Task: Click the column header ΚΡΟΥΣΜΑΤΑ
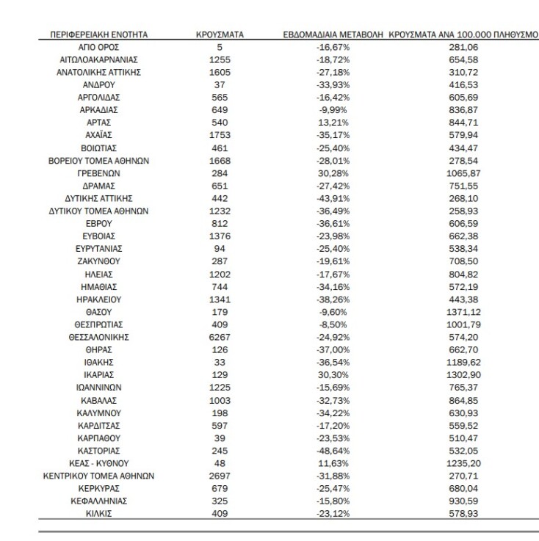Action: (220, 35)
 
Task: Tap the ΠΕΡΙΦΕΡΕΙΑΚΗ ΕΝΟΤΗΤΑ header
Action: (98, 35)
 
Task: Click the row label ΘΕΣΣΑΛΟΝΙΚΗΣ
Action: (98, 336)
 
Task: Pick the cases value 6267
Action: (220, 336)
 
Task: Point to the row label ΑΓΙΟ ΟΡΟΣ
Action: (98, 46)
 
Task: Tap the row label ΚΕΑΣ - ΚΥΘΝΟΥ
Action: (98, 463)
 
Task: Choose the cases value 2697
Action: (220, 476)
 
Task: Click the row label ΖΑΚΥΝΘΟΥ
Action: (98, 260)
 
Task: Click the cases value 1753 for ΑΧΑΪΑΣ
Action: (220, 135)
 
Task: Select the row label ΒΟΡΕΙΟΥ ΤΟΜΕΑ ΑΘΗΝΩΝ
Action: (98, 161)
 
